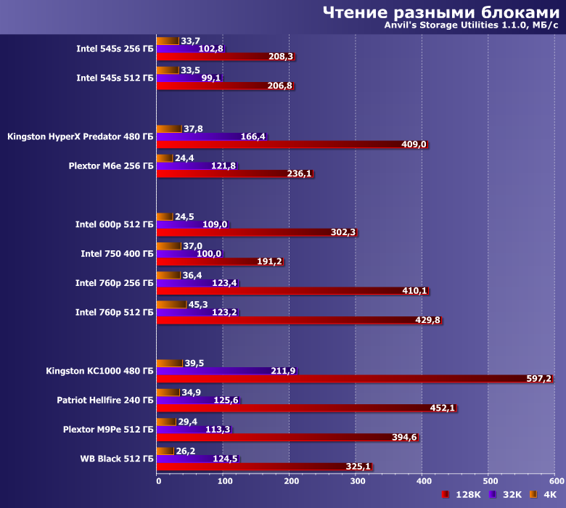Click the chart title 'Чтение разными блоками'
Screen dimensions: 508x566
point(440,12)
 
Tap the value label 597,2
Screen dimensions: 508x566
point(538,379)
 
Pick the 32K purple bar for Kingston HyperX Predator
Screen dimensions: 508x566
point(200,136)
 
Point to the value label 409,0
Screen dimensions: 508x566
point(414,144)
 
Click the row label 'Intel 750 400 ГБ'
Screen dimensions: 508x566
point(117,254)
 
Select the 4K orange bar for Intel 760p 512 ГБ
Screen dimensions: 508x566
point(172,305)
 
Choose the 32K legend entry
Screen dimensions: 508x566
point(508,494)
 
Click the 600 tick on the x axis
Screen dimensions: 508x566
point(555,480)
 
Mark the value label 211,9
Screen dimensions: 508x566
point(284,371)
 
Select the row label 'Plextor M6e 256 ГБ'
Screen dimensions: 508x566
point(111,165)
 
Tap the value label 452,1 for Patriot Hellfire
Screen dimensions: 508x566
point(443,408)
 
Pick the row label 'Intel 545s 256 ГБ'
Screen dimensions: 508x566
point(115,49)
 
